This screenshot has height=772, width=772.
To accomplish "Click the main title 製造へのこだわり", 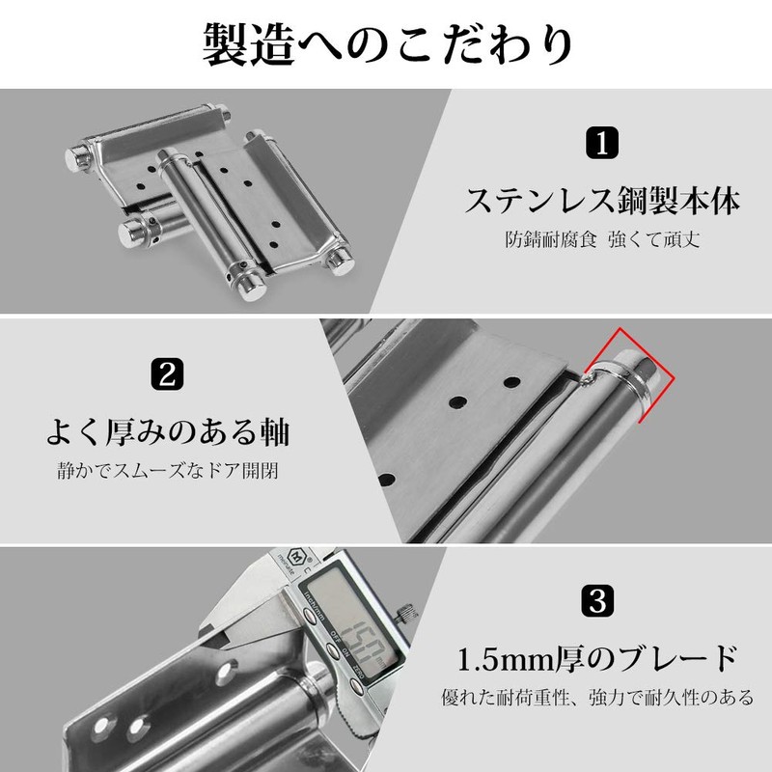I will point(386,43).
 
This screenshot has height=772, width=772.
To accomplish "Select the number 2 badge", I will point(168,374).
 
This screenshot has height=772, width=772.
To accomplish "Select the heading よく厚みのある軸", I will point(170,430).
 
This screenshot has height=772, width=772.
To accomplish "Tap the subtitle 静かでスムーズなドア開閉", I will point(169,473).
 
